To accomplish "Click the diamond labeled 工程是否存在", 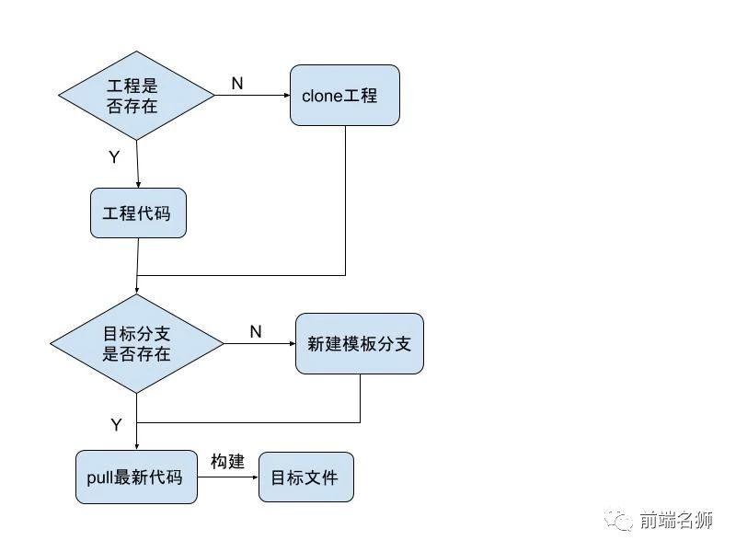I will [x=137, y=95].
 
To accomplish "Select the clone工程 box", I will [x=345, y=95].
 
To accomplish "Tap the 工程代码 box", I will [x=137, y=213].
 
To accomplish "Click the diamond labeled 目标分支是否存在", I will [x=137, y=343].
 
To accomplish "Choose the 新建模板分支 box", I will [x=359, y=343].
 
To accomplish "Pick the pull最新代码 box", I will [x=136, y=477].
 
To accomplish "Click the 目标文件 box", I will [x=305, y=477].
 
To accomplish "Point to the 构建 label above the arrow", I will [x=227, y=462].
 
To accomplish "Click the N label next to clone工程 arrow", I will [x=236, y=84].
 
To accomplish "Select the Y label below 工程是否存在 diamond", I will [x=114, y=157].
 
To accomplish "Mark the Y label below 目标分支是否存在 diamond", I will [x=116, y=425].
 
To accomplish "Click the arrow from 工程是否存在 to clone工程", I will [x=253, y=95].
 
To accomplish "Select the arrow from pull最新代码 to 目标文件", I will [x=228, y=477].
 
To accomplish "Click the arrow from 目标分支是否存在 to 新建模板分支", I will [x=259, y=343].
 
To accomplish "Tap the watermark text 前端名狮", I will [x=676, y=521].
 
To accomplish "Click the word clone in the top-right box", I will [x=322, y=96].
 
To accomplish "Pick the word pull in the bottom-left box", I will [x=98, y=477].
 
